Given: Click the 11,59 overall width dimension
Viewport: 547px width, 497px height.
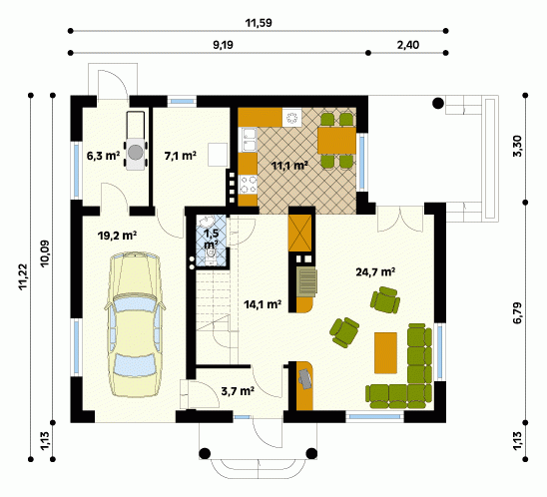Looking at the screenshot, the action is pyautogui.click(x=259, y=23).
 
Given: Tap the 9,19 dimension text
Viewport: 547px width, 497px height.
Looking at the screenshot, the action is pyautogui.click(x=224, y=45).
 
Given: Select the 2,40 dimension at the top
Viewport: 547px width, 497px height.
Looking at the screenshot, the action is pyautogui.click(x=408, y=45).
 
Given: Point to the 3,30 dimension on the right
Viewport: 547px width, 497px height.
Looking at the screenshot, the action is pyautogui.click(x=518, y=146).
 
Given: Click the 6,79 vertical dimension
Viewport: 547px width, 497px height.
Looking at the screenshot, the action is pyautogui.click(x=518, y=312).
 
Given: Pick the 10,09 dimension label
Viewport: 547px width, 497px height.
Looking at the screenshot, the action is pyautogui.click(x=45, y=253).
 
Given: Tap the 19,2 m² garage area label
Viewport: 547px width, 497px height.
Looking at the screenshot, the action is pyautogui.click(x=117, y=236).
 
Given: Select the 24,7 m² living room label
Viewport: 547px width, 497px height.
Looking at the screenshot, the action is pyautogui.click(x=375, y=271).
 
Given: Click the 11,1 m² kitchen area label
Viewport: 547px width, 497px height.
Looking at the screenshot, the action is pyautogui.click(x=289, y=166).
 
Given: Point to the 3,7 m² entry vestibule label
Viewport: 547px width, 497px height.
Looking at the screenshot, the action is pyautogui.click(x=238, y=391).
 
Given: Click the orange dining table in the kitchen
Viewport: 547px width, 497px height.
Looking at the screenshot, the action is pyautogui.click(x=336, y=140).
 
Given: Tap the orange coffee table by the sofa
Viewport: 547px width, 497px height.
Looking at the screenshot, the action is pyautogui.click(x=385, y=352).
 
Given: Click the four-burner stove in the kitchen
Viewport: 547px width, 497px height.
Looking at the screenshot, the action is pyautogui.click(x=248, y=185).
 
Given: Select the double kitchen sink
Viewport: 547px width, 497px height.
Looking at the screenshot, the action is pyautogui.click(x=248, y=140).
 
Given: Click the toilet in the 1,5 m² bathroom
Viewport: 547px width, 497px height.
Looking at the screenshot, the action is pyautogui.click(x=211, y=253).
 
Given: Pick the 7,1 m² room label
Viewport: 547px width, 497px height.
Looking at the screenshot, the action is pyautogui.click(x=180, y=156).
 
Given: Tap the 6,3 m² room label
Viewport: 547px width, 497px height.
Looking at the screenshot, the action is pyautogui.click(x=103, y=156).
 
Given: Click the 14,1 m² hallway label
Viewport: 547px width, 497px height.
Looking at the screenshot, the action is pyautogui.click(x=263, y=304).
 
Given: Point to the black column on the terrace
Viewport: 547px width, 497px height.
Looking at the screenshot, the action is pyautogui.click(x=438, y=103).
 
